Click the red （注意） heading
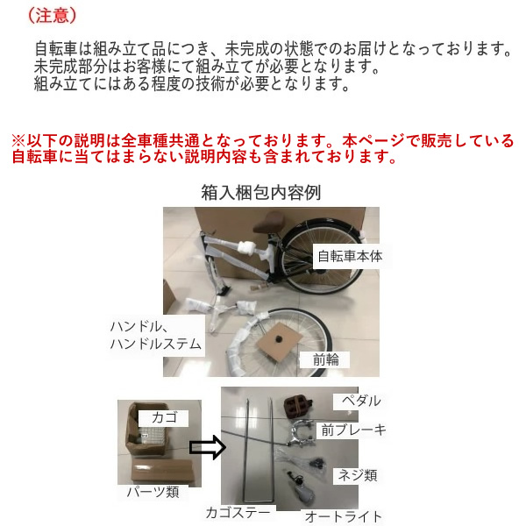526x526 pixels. tap(53, 16)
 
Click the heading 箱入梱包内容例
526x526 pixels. tap(261, 193)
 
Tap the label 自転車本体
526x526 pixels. tap(350, 256)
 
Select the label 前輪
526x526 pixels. tap(326, 359)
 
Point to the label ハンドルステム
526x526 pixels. tap(156, 344)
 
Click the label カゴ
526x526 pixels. tap(164, 417)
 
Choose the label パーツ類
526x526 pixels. tap(153, 492)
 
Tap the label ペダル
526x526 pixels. tap(361, 401)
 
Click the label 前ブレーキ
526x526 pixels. tap(353, 430)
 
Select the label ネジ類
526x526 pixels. tap(358, 475)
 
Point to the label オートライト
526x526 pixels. tap(343, 516)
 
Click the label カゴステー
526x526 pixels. tap(238, 513)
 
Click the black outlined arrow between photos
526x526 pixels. tap(207, 447)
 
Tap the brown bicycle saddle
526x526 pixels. tap(268, 224)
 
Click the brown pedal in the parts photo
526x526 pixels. tap(297, 406)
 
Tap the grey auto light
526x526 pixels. tap(304, 491)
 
